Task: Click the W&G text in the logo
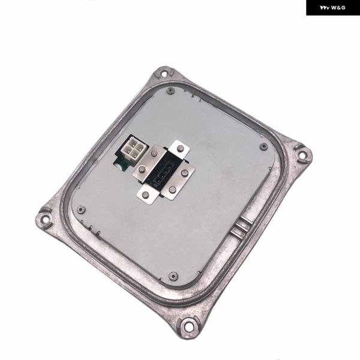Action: (338, 8)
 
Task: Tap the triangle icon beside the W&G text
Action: (325, 8)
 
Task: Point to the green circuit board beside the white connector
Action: (119, 165)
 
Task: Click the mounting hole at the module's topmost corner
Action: (164, 74)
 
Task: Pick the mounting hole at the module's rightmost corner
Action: (303, 156)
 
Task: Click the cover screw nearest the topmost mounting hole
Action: (170, 91)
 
